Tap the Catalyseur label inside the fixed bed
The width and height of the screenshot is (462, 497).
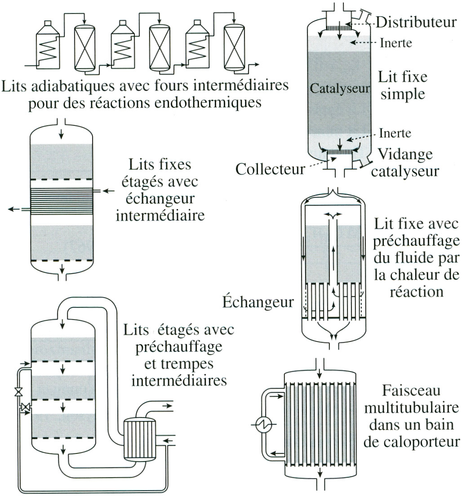pos(339,88)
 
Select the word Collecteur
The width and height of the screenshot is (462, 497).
pos(268,169)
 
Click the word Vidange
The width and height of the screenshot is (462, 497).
pos(405,154)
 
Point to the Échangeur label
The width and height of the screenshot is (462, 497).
pos(258,302)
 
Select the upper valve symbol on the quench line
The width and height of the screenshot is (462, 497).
pos(18,392)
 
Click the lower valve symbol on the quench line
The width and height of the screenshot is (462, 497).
pos(26,408)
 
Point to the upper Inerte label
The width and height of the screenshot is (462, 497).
pos(396,43)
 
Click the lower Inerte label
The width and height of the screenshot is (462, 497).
pos(395,133)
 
